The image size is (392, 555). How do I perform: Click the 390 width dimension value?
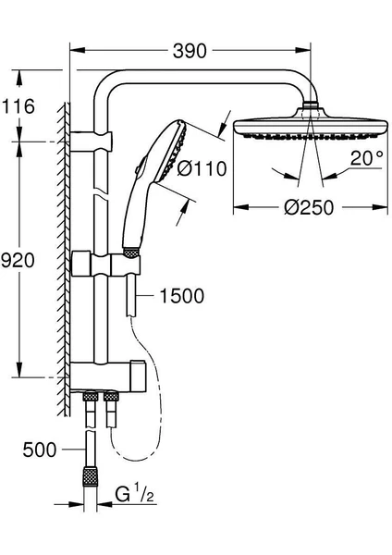190,51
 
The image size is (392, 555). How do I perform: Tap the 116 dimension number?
18,105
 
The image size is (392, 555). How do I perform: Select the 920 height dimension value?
18,261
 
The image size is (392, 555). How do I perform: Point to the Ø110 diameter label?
202,168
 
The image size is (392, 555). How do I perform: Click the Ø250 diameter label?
309,206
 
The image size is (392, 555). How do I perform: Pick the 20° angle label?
366,158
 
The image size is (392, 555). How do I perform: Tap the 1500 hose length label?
182,296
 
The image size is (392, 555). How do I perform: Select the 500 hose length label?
40,450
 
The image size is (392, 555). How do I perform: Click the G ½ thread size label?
135,493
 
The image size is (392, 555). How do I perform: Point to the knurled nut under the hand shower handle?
131,252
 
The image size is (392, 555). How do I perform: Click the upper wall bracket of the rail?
92,142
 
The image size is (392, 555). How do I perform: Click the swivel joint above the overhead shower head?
311,105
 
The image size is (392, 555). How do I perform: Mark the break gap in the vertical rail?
101,191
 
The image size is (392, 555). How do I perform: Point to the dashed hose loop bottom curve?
133,457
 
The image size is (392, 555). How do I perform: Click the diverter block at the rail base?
108,376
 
